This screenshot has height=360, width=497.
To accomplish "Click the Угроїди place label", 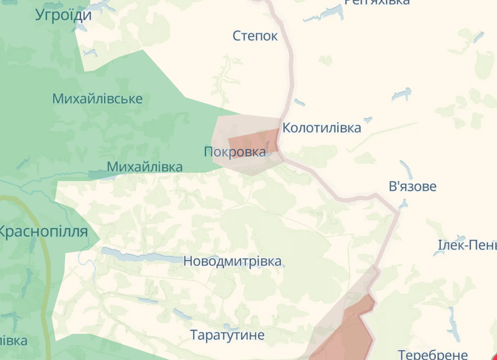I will point(63,15).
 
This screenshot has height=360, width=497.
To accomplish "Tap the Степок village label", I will point(255,36).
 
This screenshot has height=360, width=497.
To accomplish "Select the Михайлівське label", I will point(97,98).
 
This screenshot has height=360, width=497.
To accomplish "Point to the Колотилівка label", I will point(322,127).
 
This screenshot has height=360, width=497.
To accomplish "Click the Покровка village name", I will point(235,152).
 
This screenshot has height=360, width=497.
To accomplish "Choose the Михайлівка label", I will point(145,166).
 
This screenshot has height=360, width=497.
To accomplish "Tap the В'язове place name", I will point(413,186).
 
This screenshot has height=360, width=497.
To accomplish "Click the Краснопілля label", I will point(43,231).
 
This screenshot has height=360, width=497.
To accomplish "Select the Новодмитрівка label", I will point(232,262).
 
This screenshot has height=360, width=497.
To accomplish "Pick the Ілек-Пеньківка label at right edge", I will point(467,246).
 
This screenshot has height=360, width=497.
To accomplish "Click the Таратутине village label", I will point(227,335).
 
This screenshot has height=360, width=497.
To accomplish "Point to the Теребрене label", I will point(433,355).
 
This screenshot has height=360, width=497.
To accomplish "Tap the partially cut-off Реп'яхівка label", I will point(377,2).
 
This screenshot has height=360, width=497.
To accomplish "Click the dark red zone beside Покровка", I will point(254,142).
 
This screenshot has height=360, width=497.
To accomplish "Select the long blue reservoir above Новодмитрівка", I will point(142,256).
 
